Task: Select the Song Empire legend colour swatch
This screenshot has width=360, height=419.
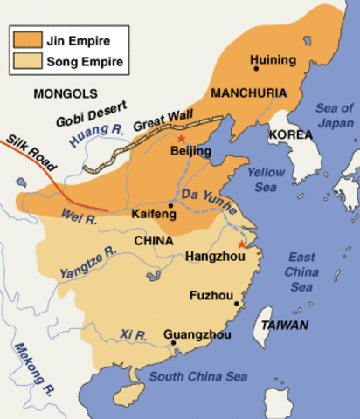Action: [x=26, y=62]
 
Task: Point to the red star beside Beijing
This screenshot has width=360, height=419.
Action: [x=181, y=138]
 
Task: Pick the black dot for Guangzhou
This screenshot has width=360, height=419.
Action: [x=173, y=343]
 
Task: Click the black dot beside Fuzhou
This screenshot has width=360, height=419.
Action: [x=237, y=304]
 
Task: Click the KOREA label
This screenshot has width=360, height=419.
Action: [x=289, y=134]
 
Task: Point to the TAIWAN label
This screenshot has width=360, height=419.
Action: [x=280, y=325]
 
